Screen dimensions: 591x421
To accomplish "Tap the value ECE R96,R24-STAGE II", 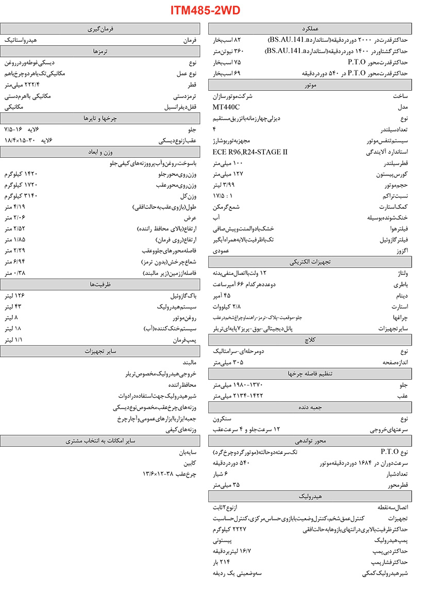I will pos(250,152).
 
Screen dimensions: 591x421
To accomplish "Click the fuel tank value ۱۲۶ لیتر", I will pos(14,295).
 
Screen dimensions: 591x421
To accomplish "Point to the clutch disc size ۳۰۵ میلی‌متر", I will pos(228,363).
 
